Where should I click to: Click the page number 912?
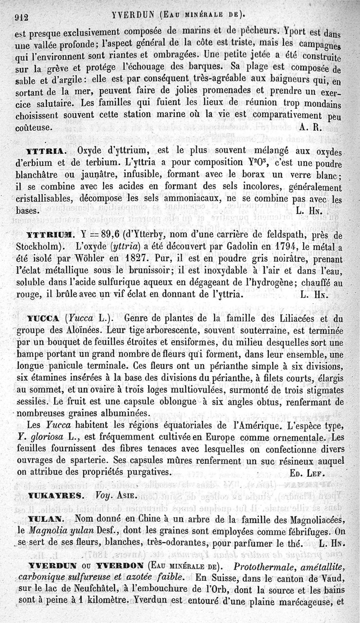(x=22, y=17)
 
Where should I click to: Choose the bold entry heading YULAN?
(x=46, y=518)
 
